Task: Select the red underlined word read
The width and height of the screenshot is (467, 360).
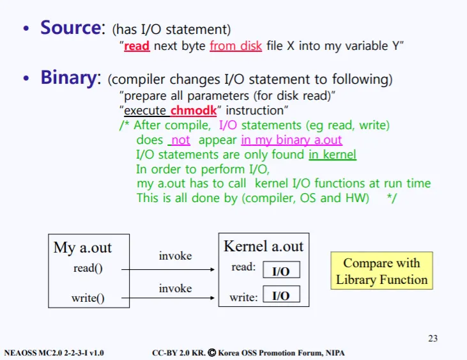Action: click(137, 46)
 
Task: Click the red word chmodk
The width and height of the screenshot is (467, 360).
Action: click(194, 110)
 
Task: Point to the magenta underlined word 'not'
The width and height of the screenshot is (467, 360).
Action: click(181, 140)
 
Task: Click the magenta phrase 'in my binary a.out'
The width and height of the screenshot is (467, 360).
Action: click(291, 140)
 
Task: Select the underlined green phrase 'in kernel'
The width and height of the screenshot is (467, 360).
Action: click(332, 154)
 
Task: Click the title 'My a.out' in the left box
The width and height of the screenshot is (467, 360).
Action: click(82, 247)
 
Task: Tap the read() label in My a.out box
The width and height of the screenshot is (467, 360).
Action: click(88, 269)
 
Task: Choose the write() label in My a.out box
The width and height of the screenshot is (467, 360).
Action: click(88, 298)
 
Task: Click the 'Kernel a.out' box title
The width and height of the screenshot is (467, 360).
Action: click(263, 246)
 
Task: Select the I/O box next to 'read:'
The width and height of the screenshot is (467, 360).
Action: click(280, 270)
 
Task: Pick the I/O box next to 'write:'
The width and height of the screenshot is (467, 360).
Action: click(280, 295)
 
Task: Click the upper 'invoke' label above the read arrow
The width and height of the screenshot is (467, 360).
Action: click(175, 256)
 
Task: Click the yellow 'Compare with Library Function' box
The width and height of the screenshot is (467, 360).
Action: click(381, 271)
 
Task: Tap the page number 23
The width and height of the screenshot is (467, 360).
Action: click(433, 338)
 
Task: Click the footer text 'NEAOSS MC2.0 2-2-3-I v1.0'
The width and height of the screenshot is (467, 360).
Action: click(54, 352)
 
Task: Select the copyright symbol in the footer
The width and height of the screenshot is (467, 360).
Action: click(211, 352)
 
